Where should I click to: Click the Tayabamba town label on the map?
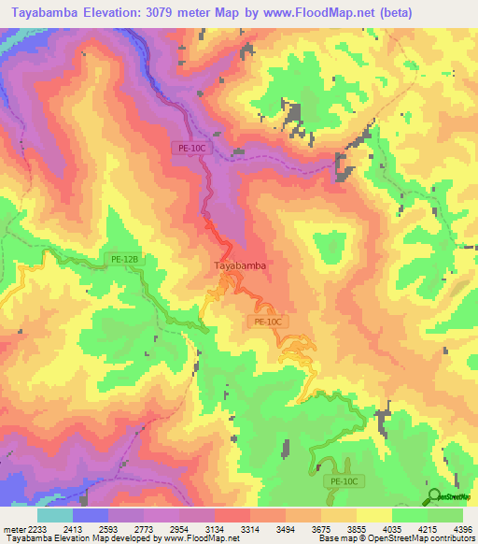click(x=241, y=265)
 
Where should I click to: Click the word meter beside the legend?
click(x=14, y=528)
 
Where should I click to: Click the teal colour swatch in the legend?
click(x=55, y=515)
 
